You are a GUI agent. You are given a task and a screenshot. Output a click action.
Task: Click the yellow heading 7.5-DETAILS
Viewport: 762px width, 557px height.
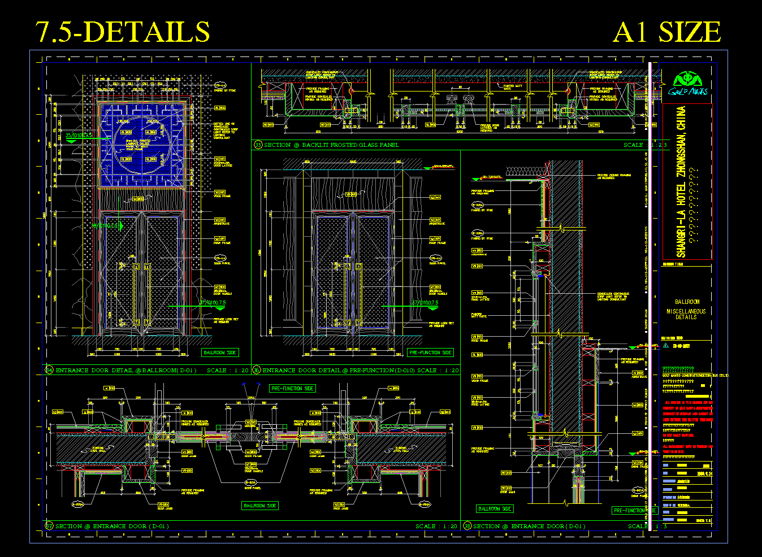[123, 32]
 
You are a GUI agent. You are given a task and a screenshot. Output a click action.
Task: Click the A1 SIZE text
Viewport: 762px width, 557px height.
[666, 32]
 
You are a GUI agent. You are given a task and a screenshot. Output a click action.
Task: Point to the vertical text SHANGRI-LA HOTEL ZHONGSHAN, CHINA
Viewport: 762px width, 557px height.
[681, 181]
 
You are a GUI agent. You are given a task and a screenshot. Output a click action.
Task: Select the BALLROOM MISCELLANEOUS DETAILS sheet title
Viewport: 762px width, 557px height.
[686, 310]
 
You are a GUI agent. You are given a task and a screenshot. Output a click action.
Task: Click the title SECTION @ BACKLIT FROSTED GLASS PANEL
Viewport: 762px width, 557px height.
[331, 145]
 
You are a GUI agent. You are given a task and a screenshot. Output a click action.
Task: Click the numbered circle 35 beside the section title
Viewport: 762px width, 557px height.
[258, 145]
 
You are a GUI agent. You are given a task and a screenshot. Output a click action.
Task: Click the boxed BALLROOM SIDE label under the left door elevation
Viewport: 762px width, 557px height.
[220, 353]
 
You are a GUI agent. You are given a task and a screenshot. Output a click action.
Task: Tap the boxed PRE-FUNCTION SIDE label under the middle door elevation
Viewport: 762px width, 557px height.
[430, 353]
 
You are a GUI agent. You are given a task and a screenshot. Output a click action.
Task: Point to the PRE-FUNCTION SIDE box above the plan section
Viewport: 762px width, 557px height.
[292, 389]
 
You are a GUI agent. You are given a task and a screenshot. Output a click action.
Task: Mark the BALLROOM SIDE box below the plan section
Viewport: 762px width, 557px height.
[260, 506]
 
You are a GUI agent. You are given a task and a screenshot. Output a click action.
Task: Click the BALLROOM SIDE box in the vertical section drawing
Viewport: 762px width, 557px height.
[495, 509]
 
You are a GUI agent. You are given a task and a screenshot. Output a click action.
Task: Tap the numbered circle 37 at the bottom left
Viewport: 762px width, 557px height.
[49, 526]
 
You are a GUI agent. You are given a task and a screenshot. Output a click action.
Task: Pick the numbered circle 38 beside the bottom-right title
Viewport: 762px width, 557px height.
[467, 526]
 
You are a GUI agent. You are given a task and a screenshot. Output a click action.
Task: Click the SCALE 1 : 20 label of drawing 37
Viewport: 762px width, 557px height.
[436, 526]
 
